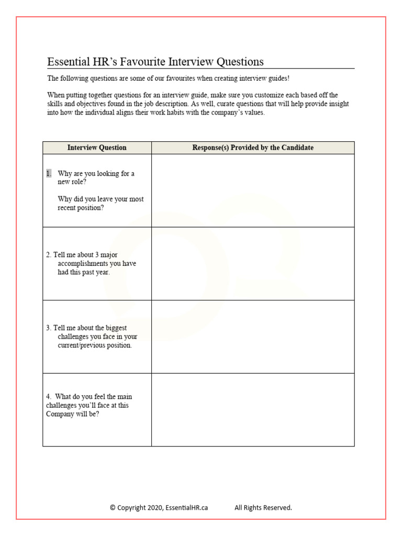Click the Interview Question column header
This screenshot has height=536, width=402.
tap(97, 148)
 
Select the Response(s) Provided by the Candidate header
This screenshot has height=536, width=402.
tap(253, 148)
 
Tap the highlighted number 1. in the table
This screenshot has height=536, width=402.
tap(49, 173)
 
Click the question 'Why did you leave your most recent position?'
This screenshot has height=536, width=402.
tap(100, 203)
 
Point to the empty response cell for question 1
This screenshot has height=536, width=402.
tap(253, 191)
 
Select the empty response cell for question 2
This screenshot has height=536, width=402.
tap(253, 263)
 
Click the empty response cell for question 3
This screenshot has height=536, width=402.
tap(253, 337)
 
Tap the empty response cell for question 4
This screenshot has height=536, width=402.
tap(253, 409)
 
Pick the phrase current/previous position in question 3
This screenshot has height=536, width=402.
tap(95, 345)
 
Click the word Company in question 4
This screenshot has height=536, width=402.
tap(61, 414)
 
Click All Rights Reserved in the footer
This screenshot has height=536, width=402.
tap(263, 507)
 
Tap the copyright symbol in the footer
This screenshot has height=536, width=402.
tap(113, 507)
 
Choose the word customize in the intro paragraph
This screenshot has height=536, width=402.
tap(276, 95)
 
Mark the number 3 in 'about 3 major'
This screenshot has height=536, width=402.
tap(97, 255)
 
